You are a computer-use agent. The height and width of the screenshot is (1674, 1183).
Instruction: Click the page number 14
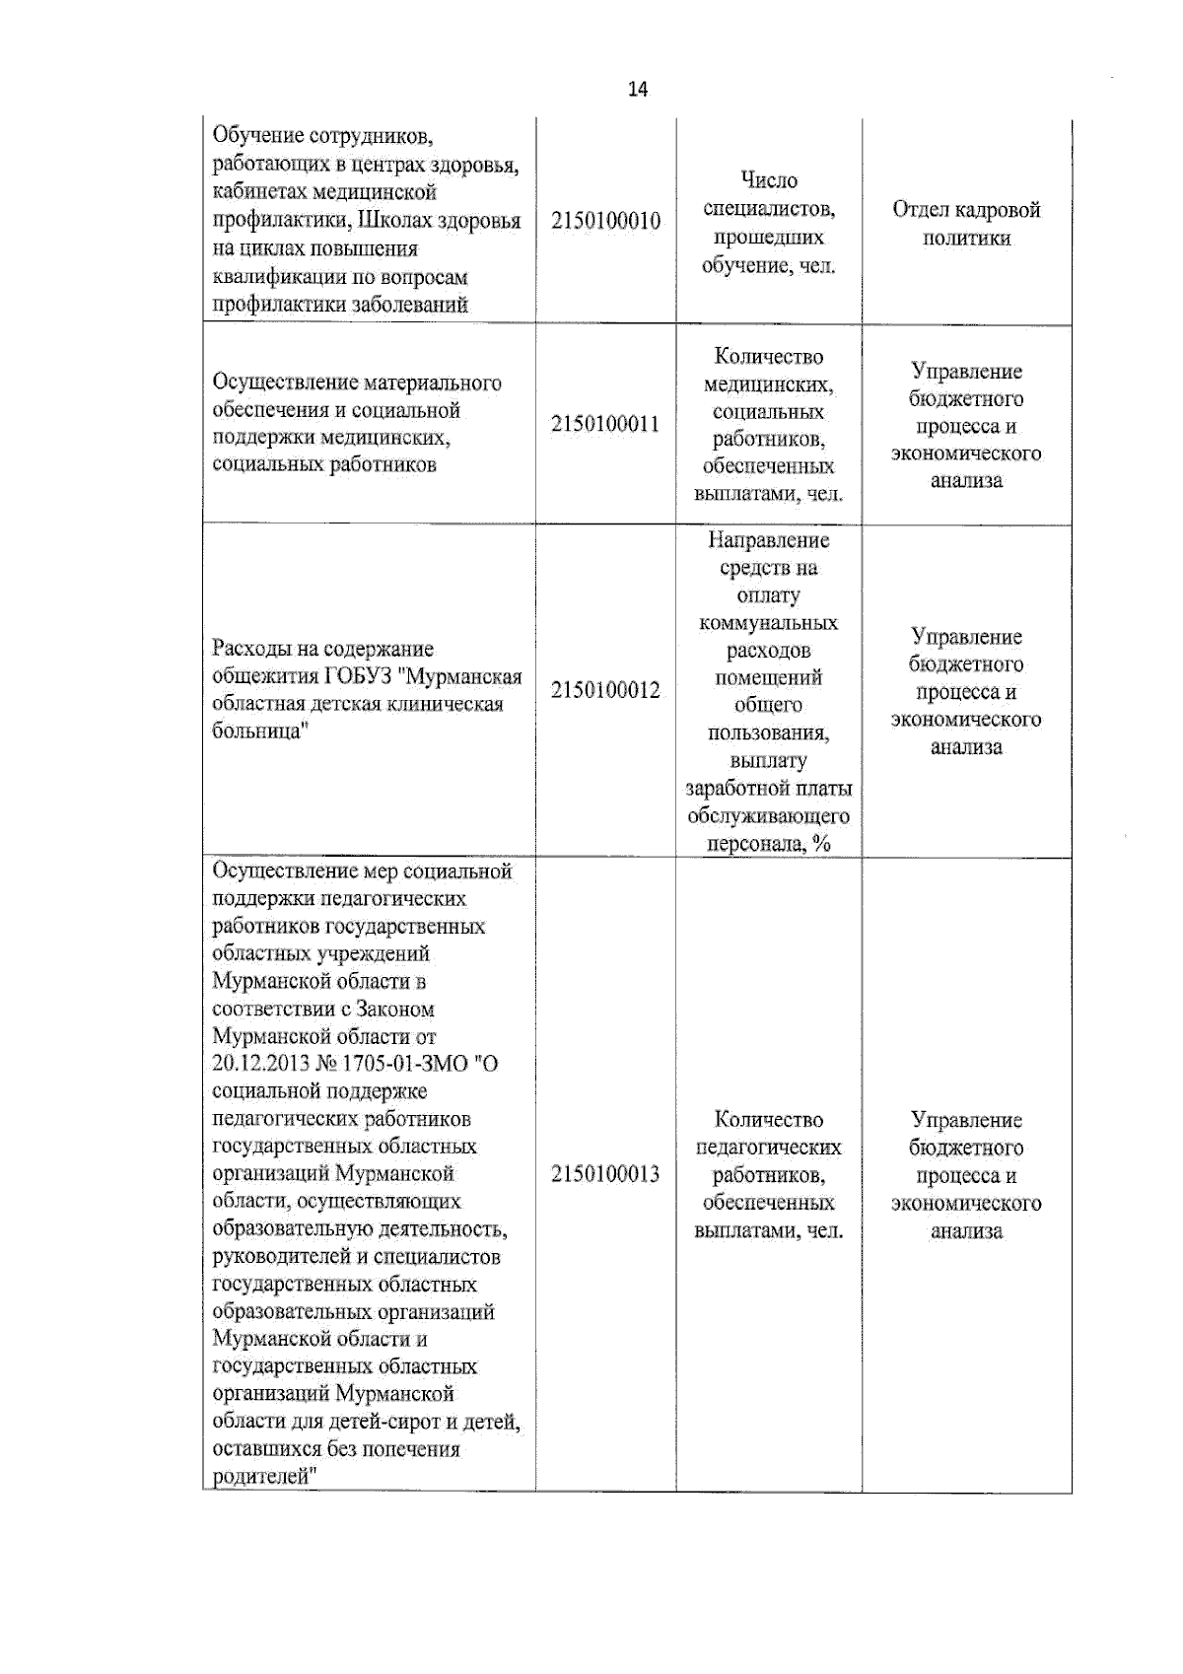pyautogui.click(x=638, y=90)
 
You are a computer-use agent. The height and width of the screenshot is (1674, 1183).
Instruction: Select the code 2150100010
pyautogui.click(x=605, y=221)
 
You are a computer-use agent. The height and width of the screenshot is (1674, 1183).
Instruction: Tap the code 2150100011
pyautogui.click(x=605, y=425)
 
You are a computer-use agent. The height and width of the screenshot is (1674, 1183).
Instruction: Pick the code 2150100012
pyautogui.click(x=605, y=690)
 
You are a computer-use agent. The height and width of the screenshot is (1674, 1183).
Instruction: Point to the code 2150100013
pyautogui.click(x=605, y=1174)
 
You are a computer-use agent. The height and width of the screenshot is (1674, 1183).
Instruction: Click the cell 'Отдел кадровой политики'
pyautogui.click(x=966, y=224)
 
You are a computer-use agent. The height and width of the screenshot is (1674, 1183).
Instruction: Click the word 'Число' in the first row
pyautogui.click(x=769, y=180)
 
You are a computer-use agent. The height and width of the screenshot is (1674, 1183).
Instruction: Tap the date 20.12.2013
pyautogui.click(x=260, y=1065)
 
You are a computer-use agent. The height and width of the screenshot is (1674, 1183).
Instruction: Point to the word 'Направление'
pyautogui.click(x=769, y=540)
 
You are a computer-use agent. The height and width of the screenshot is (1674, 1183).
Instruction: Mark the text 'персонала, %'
pyautogui.click(x=769, y=844)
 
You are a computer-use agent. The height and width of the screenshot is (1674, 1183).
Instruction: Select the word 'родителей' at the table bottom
pyautogui.click(x=259, y=1477)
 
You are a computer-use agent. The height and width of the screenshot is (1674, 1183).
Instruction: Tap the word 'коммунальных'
pyautogui.click(x=769, y=623)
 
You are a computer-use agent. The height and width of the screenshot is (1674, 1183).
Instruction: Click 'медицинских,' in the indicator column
pyautogui.click(x=769, y=384)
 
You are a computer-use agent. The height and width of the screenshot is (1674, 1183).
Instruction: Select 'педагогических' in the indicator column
pyautogui.click(x=769, y=1148)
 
